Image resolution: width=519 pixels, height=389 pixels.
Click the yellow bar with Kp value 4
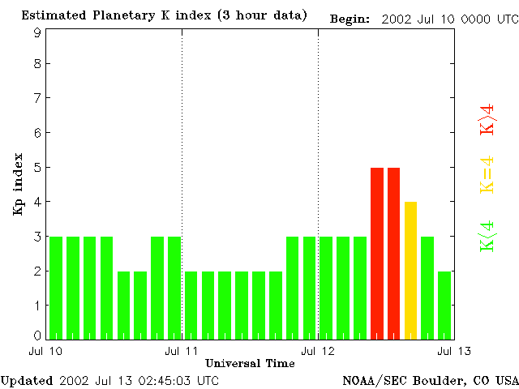pos(410,269)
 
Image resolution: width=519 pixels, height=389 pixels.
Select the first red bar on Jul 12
pos(377,252)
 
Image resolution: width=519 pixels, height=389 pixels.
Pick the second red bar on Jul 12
pos(394,252)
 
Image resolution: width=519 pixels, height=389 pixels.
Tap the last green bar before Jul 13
pos(444,304)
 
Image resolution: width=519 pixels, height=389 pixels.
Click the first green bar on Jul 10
pos(56,287)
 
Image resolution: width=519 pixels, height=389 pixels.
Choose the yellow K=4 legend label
pos(487,175)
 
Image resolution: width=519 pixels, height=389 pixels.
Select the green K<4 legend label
pos(487,237)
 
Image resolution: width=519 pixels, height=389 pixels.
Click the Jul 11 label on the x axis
pos(181,350)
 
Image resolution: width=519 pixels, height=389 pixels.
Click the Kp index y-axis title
pos(18,184)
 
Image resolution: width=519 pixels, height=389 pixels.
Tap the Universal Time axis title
pos(250,363)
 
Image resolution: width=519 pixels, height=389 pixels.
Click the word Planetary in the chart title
pos(113,15)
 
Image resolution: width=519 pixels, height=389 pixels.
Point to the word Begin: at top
pos(350,19)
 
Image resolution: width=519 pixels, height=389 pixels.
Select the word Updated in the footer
pos(26,379)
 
